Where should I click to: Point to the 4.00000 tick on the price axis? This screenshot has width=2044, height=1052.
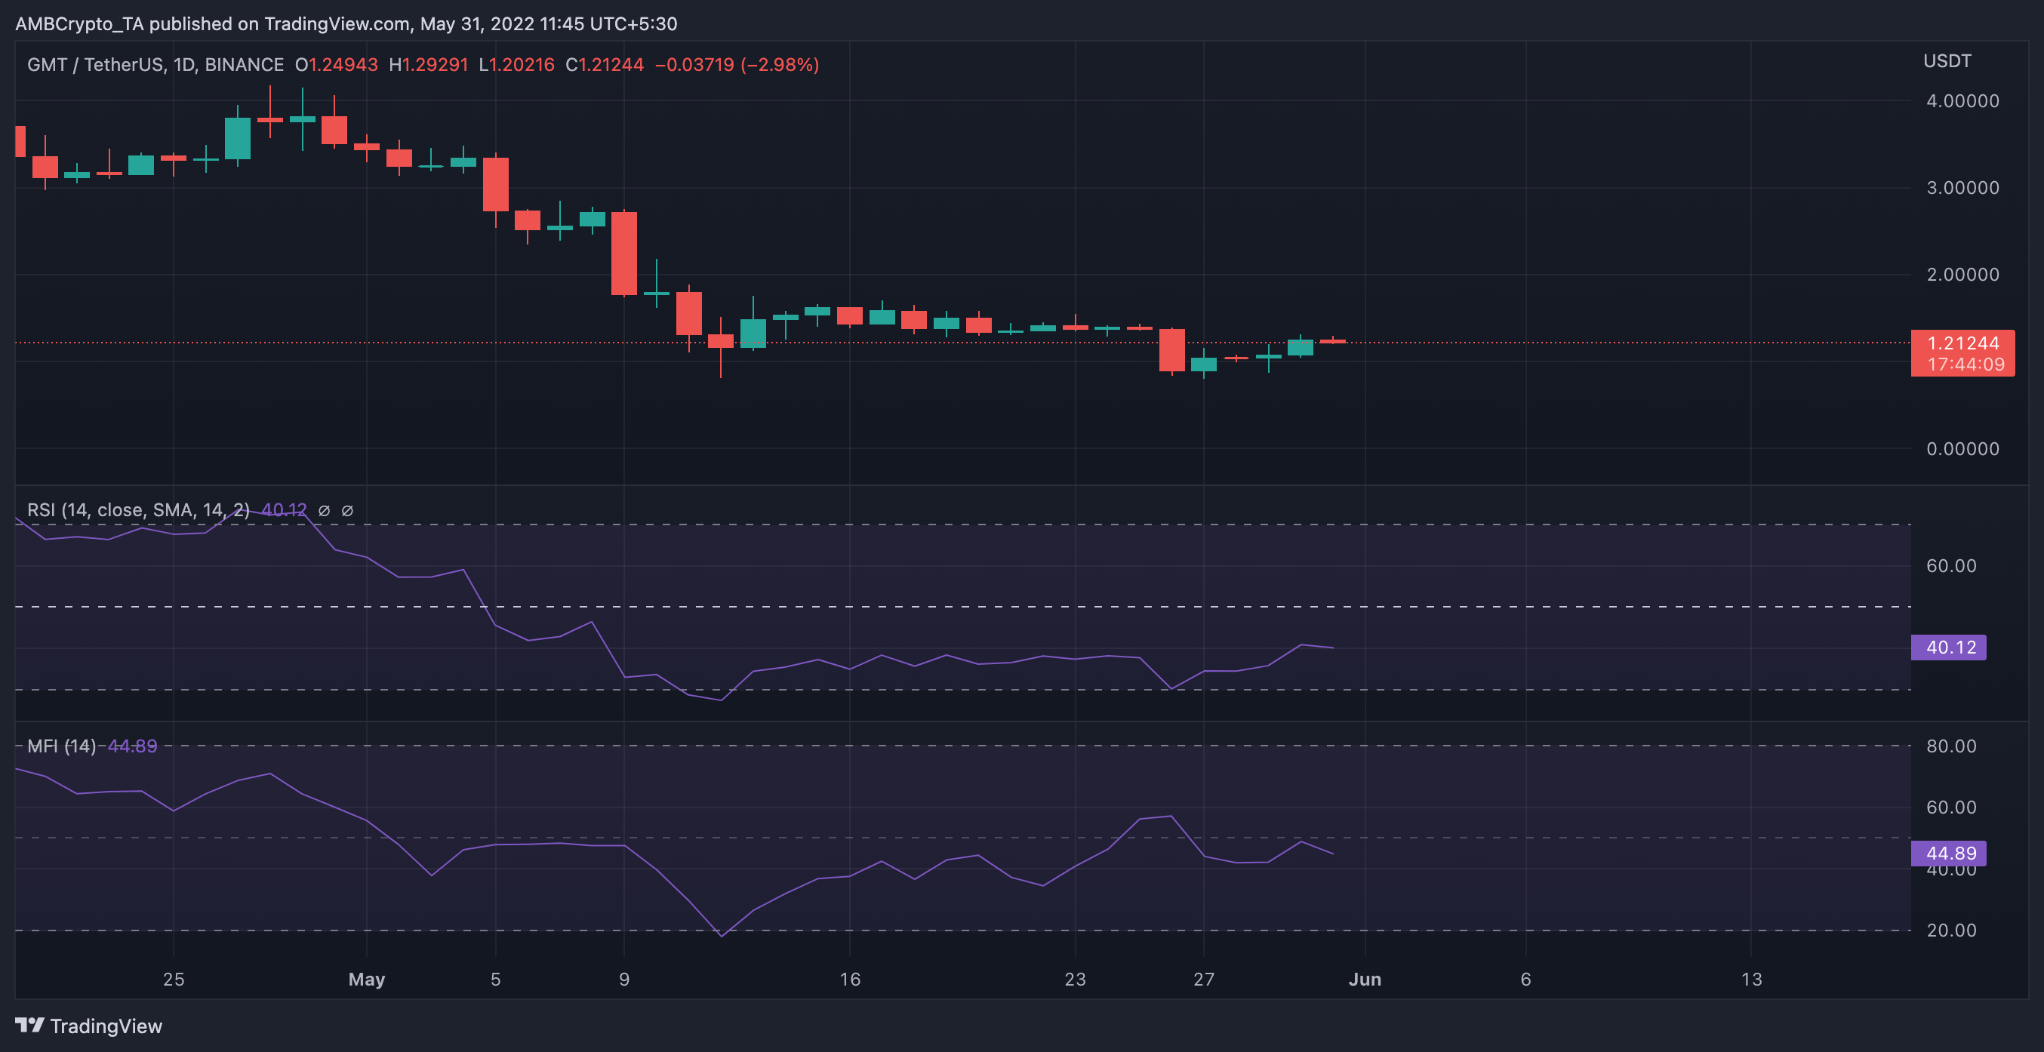pyautogui.click(x=1962, y=101)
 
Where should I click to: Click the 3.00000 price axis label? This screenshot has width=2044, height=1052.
pyautogui.click(x=1962, y=188)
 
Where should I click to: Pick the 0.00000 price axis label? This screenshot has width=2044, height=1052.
pyautogui.click(x=1962, y=449)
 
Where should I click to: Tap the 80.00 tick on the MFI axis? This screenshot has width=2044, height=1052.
pyautogui.click(x=1951, y=746)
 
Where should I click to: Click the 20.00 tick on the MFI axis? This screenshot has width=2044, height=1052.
pyautogui.click(x=1951, y=930)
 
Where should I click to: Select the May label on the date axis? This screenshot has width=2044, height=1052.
pyautogui.click(x=367, y=979)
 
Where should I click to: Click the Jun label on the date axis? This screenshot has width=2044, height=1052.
pyautogui.click(x=1365, y=979)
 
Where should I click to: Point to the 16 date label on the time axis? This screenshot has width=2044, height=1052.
pyautogui.click(x=850, y=979)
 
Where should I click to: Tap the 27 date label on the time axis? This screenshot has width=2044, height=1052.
pyautogui.click(x=1204, y=979)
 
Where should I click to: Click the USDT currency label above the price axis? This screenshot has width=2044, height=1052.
pyautogui.click(x=1947, y=61)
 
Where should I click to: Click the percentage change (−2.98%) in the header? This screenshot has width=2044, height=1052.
pyautogui.click(x=779, y=64)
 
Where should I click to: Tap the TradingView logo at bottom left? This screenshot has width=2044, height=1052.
pyautogui.click(x=89, y=1026)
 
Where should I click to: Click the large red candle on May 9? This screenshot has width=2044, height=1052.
pyautogui.click(x=624, y=253)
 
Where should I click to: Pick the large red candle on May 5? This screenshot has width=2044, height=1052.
pyautogui.click(x=496, y=184)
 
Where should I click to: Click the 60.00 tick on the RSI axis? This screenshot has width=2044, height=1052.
pyautogui.click(x=1951, y=566)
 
